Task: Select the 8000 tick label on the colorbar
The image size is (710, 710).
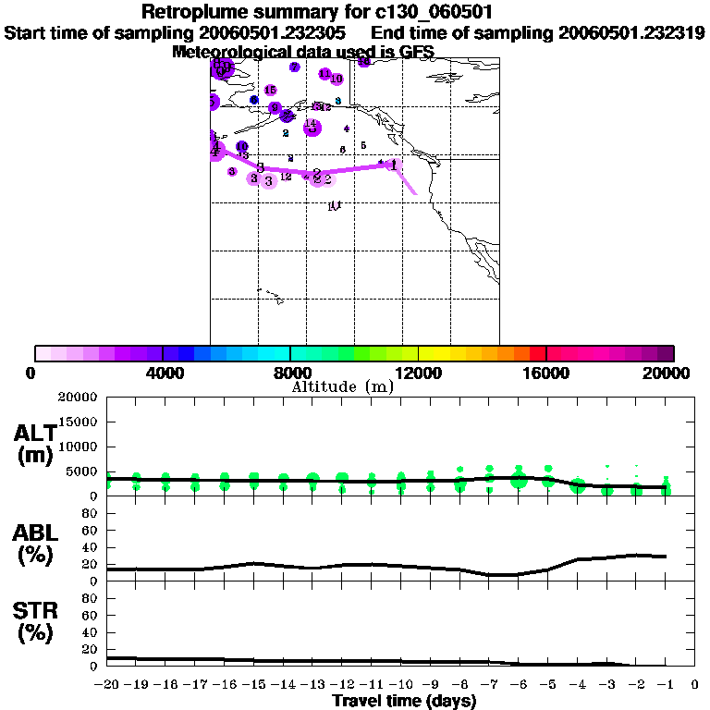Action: (290, 373)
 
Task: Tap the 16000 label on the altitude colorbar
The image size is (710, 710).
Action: (547, 373)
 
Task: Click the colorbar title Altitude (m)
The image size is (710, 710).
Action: (342, 386)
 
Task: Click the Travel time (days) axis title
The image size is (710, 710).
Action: (404, 702)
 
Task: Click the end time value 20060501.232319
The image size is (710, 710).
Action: (632, 33)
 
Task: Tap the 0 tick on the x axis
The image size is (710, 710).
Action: (696, 685)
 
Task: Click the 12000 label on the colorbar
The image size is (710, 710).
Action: (419, 373)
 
